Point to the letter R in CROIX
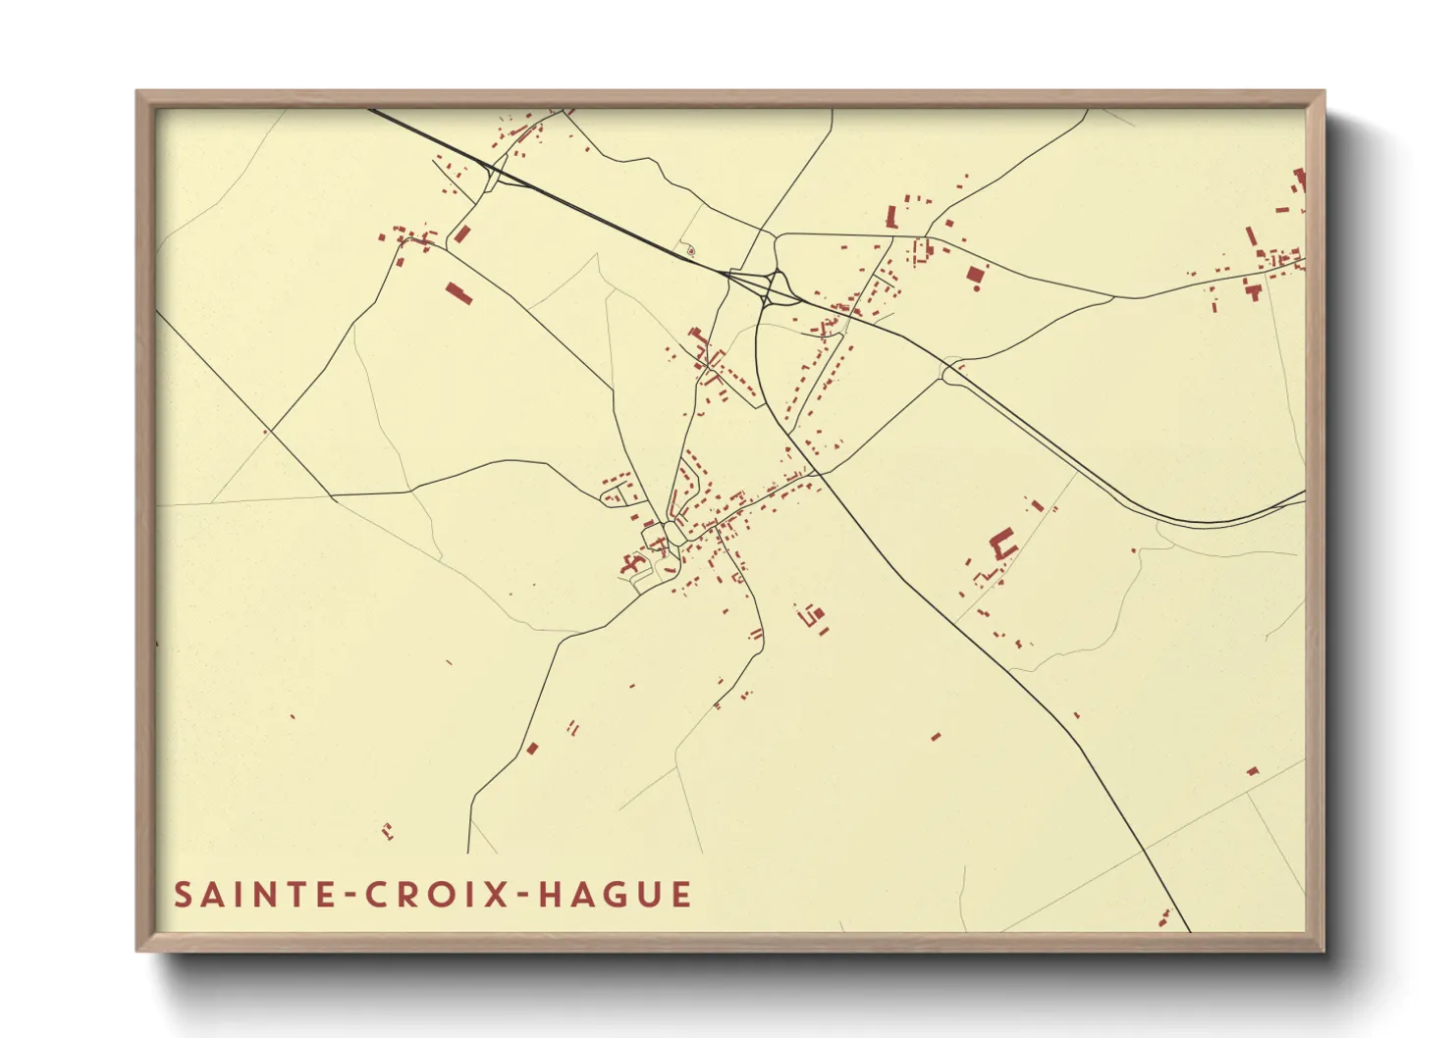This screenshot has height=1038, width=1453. [408, 895]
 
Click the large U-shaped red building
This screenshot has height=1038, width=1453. [1001, 544]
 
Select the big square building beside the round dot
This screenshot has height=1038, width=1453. [975, 275]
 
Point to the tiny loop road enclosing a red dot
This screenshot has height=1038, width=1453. [690, 251]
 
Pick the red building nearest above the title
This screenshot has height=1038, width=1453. [387, 832]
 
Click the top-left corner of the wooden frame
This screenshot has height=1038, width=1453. [137, 92]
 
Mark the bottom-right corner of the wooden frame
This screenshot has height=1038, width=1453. [1323, 950]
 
